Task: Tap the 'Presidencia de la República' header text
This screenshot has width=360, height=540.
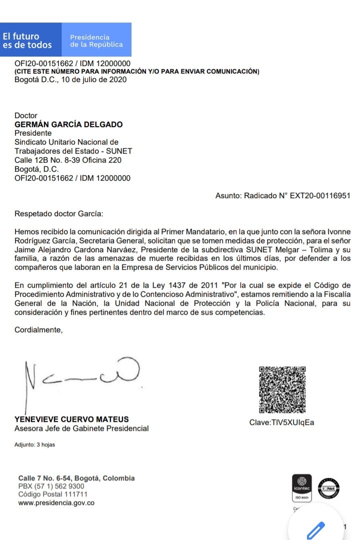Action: point(96,41)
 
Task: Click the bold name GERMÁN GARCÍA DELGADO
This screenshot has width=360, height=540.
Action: point(68,125)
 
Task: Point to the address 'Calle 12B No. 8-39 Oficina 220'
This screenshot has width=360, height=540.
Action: point(68,160)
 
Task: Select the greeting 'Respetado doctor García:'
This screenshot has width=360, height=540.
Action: point(58,214)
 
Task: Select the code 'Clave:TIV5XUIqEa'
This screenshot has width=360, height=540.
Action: point(282,422)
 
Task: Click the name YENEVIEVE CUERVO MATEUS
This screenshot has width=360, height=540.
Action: point(71,419)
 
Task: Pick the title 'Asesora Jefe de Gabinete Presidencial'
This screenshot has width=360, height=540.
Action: point(81,428)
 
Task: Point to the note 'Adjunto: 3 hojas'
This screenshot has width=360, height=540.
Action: point(34,444)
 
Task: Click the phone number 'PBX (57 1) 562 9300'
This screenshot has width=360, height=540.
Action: point(51,486)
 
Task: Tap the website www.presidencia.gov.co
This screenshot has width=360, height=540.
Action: point(56,503)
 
